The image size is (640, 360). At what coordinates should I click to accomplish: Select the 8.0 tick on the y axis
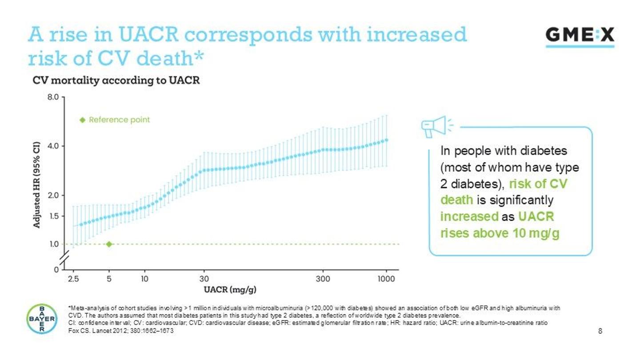click(x=53, y=96)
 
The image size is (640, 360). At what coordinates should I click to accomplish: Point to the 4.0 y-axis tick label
click(x=53, y=146)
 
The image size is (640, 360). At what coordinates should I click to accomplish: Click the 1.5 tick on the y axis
click(x=53, y=216)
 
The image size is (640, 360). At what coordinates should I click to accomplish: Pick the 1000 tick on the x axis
click(x=386, y=279)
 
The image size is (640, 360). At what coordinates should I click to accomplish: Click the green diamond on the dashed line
click(x=109, y=244)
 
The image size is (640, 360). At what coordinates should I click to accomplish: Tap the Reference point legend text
click(x=119, y=120)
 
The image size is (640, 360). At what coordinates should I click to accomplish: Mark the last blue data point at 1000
click(x=387, y=140)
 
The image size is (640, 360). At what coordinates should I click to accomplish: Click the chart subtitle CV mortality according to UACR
click(x=116, y=80)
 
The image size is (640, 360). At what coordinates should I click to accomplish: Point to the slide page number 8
click(x=600, y=331)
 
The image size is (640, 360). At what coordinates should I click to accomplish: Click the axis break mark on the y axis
click(x=65, y=257)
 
